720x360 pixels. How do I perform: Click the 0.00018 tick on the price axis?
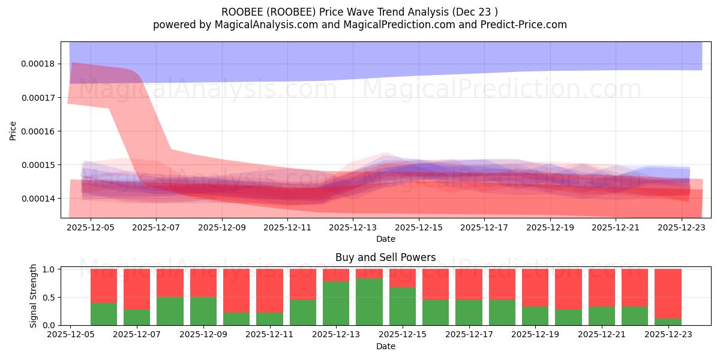tap(38, 64)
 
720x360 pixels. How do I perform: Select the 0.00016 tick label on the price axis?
tap(38, 131)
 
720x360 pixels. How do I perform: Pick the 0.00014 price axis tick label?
tap(38, 199)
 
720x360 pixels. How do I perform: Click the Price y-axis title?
tap(13, 130)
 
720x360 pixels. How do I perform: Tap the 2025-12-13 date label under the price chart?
tap(353, 227)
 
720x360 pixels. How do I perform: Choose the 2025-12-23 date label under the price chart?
tap(682, 227)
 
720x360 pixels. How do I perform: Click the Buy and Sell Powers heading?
tap(385, 257)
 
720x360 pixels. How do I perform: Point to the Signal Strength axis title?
tap(34, 296)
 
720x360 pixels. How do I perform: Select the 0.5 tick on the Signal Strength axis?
tap(49, 298)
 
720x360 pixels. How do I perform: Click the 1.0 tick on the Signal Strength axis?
tap(49, 269)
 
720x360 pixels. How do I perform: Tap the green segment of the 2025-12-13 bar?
tap(336, 303)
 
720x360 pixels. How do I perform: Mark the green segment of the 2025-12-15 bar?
tap(402, 306)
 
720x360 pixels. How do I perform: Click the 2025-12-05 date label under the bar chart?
tap(71, 335)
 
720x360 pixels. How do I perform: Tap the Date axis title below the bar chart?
tap(385, 346)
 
